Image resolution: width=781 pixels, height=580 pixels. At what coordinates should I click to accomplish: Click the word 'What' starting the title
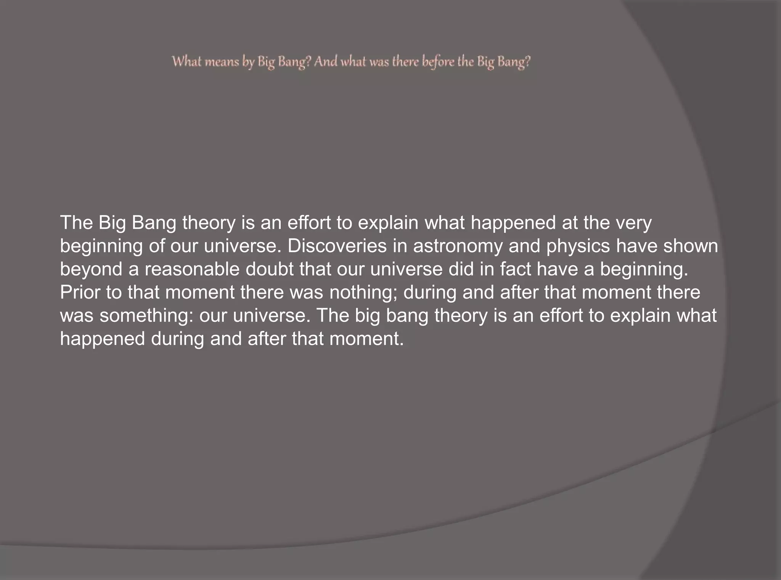(x=186, y=61)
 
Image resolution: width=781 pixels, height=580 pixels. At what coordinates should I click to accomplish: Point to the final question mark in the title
(x=527, y=62)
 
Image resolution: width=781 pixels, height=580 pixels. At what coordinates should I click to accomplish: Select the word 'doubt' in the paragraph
(x=269, y=269)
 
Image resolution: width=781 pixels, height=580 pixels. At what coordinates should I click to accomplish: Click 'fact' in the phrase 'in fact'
(x=515, y=269)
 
